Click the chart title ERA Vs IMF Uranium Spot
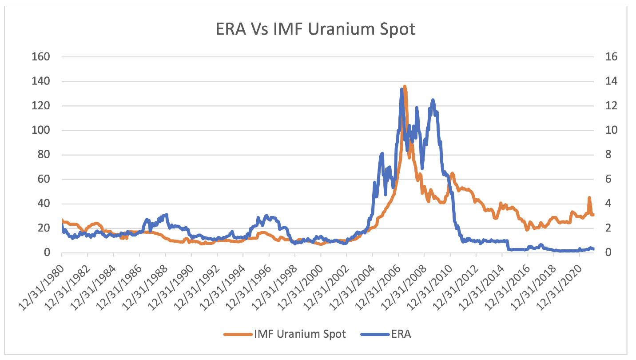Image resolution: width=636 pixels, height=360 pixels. pyautogui.click(x=315, y=29)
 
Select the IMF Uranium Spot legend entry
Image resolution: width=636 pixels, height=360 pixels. pyautogui.click(x=300, y=334)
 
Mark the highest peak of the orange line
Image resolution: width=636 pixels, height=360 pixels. pyautogui.click(x=405, y=87)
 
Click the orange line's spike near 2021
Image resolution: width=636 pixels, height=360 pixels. pyautogui.click(x=589, y=198)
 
